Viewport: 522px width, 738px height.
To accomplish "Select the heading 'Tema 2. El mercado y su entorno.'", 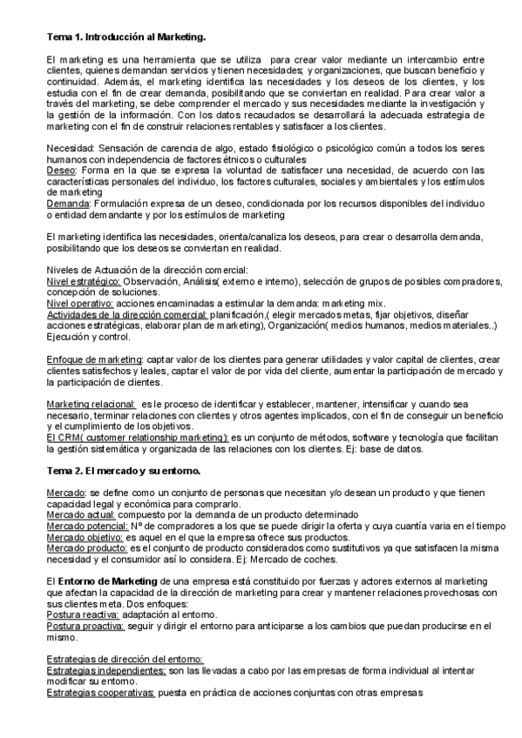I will point(123,471).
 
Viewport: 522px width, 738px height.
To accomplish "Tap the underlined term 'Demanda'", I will point(68,201).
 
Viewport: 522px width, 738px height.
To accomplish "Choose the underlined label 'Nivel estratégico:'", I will point(83,282).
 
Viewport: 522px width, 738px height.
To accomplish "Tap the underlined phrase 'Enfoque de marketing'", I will point(93,359).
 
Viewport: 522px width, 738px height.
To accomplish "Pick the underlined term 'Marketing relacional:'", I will point(91,404).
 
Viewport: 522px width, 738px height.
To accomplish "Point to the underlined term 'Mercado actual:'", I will point(80,514).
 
